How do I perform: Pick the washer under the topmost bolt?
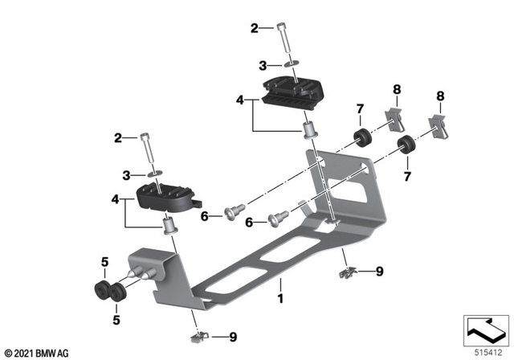point(288,65)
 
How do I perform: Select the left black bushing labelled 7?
point(362,136)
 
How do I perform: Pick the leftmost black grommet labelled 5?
point(102,288)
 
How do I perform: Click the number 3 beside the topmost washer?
point(263,65)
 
